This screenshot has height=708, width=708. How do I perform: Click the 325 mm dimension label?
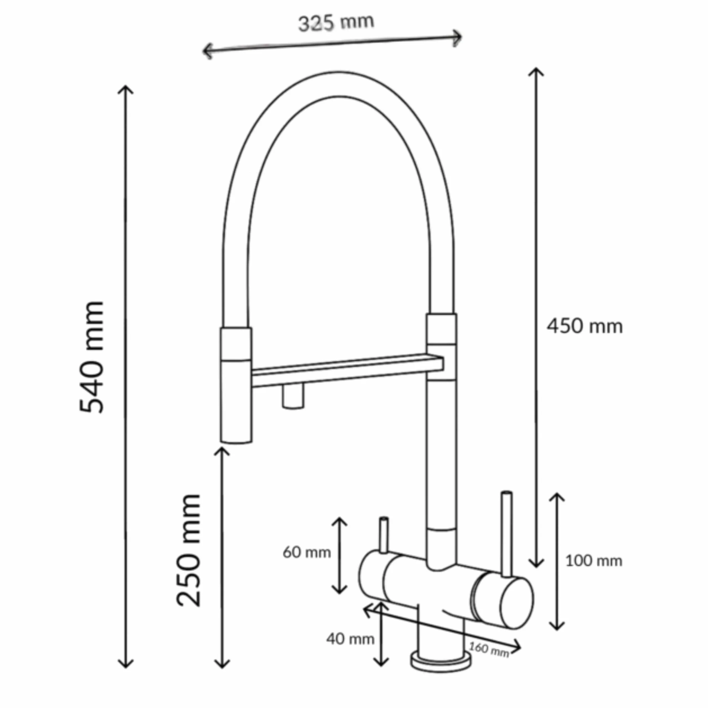point(336,23)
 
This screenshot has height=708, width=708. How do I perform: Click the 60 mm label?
point(307,552)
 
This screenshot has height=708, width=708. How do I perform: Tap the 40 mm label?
point(350,639)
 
